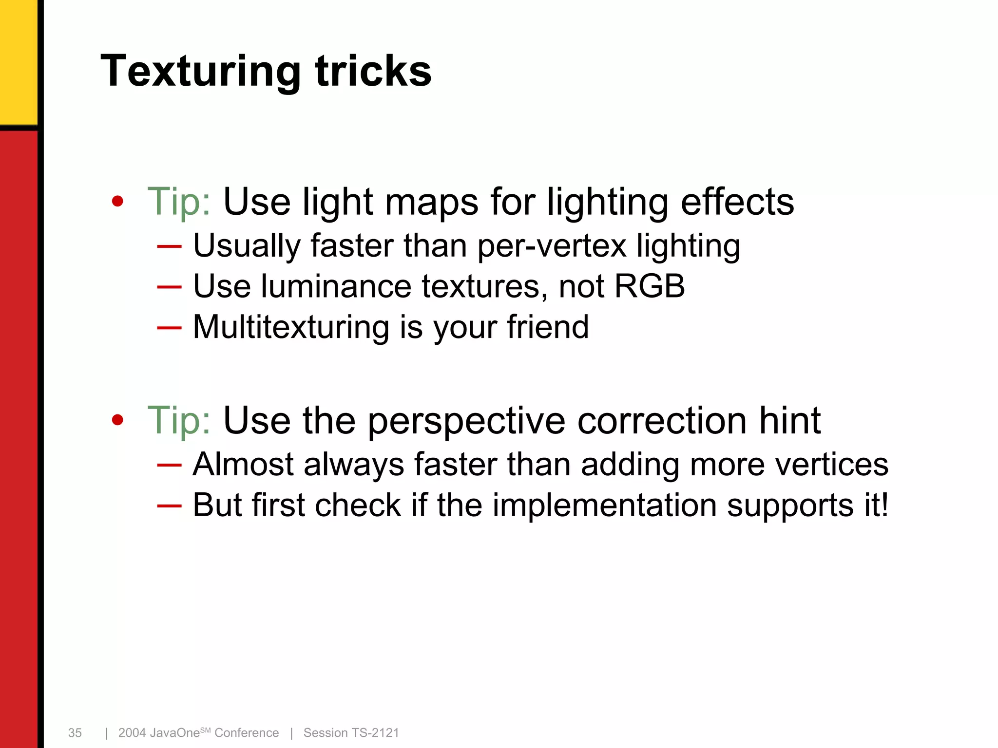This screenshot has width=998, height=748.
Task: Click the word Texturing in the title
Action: tap(200, 72)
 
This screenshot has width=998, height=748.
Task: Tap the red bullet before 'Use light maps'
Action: tap(117, 201)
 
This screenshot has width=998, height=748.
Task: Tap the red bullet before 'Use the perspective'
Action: tap(117, 420)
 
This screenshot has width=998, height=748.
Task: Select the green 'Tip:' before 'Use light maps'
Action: tap(179, 201)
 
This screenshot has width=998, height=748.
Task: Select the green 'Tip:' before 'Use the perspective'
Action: tap(179, 420)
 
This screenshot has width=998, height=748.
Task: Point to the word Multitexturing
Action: tap(291, 327)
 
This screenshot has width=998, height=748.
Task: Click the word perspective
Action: tap(466, 421)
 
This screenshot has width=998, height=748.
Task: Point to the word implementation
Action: tap(604, 505)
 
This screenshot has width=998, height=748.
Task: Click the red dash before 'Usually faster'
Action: tap(169, 246)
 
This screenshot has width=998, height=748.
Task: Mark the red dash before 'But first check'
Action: tap(169, 506)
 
